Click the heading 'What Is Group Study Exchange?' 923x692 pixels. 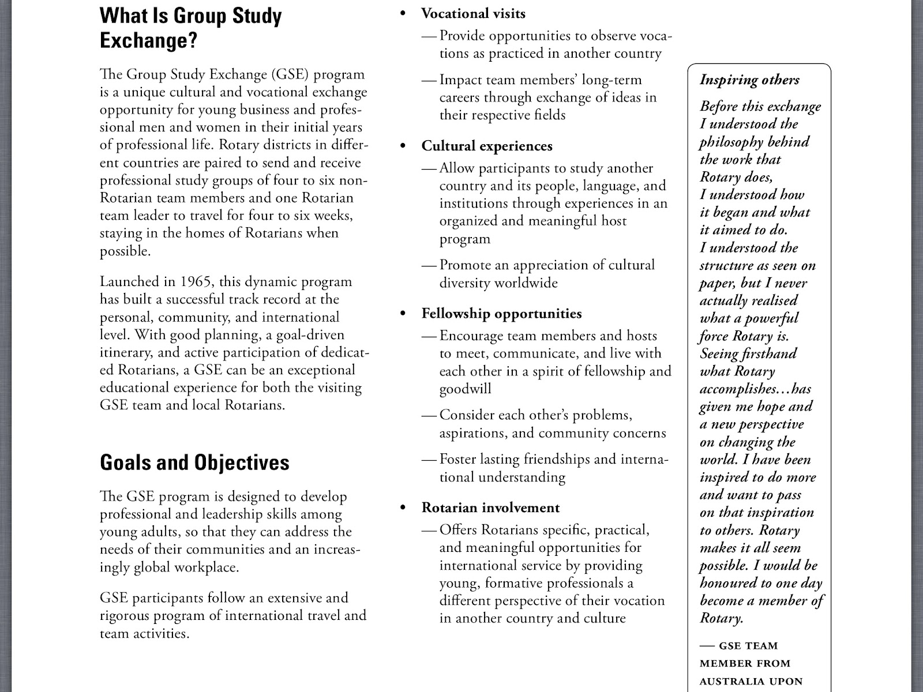(x=190, y=28)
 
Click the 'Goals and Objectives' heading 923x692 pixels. (x=194, y=462)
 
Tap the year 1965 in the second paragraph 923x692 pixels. (x=194, y=282)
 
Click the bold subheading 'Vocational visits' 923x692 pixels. (x=473, y=13)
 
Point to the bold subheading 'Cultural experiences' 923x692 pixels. (x=487, y=146)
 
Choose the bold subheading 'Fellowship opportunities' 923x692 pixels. (x=501, y=314)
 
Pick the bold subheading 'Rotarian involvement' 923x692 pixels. (x=490, y=508)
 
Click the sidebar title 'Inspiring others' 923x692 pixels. (x=749, y=80)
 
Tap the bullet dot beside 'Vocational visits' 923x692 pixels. (x=404, y=13)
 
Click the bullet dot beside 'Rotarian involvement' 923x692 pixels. (x=404, y=508)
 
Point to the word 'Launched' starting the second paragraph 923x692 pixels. (x=129, y=282)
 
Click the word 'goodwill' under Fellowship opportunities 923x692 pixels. (x=465, y=389)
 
